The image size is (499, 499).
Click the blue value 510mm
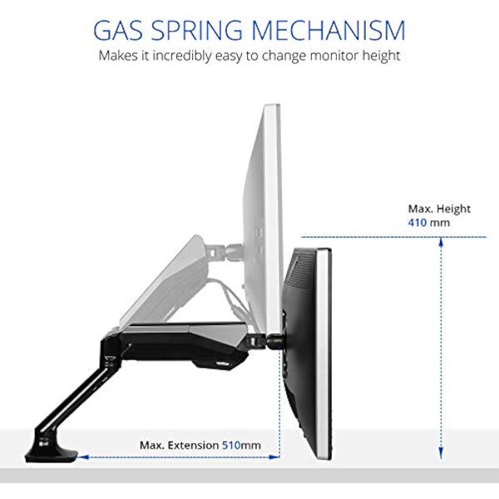click(x=241, y=445)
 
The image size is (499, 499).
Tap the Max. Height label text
click(x=439, y=209)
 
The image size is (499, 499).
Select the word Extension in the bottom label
click(x=195, y=445)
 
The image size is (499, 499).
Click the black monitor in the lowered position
click(x=309, y=349)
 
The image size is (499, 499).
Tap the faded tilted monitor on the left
click(x=166, y=283)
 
